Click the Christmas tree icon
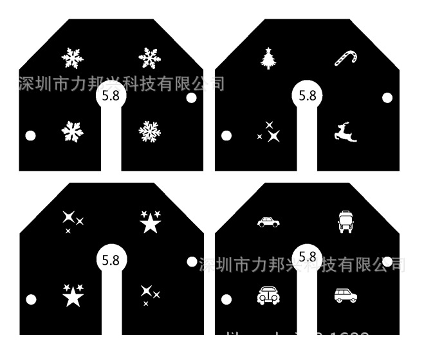click(268, 59)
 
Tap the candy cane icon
click(344, 57)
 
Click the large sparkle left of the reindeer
click(273, 135)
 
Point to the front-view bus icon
click(345, 222)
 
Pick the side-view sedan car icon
click(268, 222)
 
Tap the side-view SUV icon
click(346, 296)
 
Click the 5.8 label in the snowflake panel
click(111, 97)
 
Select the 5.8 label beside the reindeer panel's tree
click(308, 96)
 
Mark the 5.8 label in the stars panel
click(111, 260)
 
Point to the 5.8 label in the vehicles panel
click(308, 257)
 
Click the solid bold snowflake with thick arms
click(72, 132)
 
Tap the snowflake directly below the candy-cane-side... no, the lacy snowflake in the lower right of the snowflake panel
click(149, 131)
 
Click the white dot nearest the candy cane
click(387, 98)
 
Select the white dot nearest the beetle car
click(226, 299)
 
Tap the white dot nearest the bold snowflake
click(30, 136)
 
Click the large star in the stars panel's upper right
click(150, 223)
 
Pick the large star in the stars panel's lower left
click(73, 296)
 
